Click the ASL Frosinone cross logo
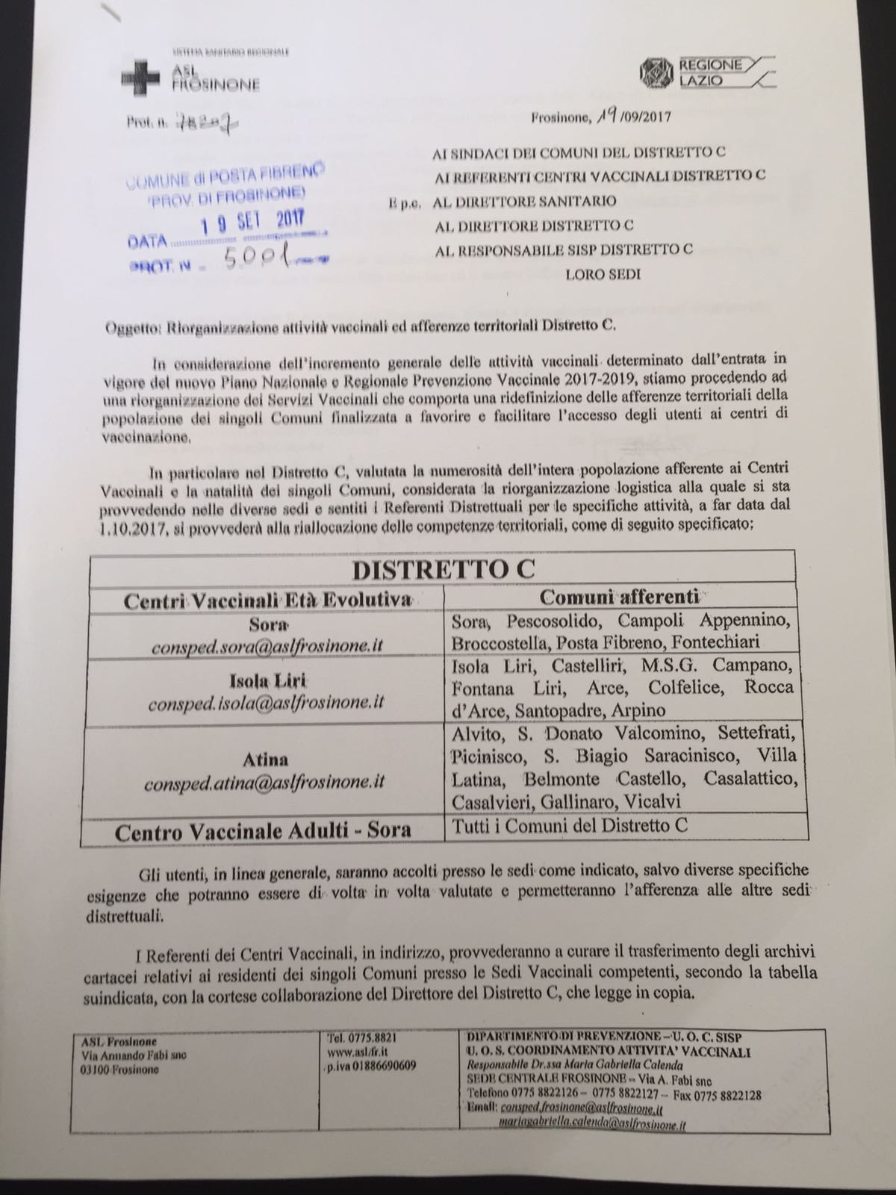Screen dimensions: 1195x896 coord(140,77)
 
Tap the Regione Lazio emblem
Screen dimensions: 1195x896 coord(656,72)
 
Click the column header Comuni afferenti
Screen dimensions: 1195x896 coord(619,596)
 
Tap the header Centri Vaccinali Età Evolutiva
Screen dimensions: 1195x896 coord(267,600)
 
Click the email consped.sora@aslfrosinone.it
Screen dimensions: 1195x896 coord(267,646)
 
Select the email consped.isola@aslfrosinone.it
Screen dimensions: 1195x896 coord(266,703)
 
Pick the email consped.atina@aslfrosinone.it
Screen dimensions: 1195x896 coord(264,782)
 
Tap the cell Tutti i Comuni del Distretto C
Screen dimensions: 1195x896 coord(569,826)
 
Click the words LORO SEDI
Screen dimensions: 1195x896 coord(603,274)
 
